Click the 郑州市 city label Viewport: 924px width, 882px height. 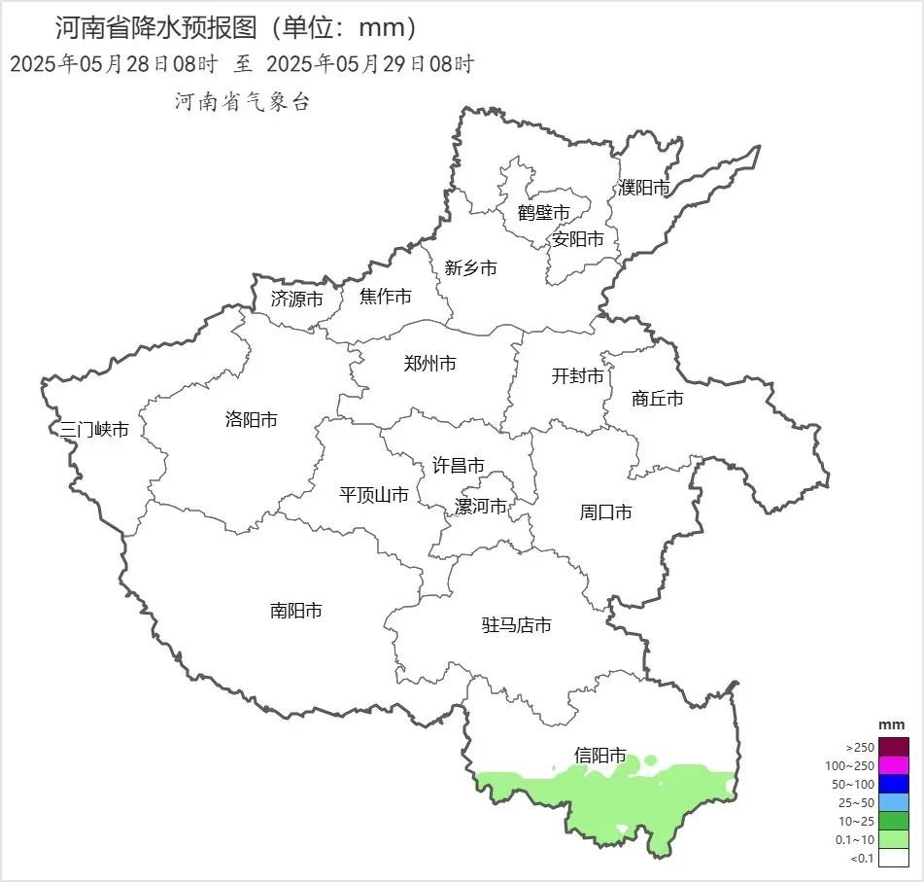[x=429, y=365]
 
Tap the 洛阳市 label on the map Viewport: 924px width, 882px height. [x=251, y=420]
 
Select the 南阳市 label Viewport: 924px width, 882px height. [x=295, y=612]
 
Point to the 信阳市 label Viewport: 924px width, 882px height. [x=599, y=756]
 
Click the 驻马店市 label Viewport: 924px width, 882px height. [x=516, y=625]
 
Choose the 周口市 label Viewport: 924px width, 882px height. [x=605, y=512]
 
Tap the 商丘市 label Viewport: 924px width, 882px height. [x=657, y=399]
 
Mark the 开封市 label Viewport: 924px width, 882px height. [x=577, y=376]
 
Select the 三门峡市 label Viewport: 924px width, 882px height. [x=94, y=430]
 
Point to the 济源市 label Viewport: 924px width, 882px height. [x=296, y=300]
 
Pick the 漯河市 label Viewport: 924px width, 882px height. [x=481, y=507]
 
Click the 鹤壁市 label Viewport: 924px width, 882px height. [x=543, y=213]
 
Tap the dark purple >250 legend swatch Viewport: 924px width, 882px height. [x=895, y=747]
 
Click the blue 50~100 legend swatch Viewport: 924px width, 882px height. [x=895, y=784]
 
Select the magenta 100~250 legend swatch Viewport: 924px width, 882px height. [x=895, y=765]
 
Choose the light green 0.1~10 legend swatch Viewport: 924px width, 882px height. [x=895, y=839]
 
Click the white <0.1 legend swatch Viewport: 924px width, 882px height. [x=895, y=858]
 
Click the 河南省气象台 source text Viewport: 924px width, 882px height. [x=241, y=102]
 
